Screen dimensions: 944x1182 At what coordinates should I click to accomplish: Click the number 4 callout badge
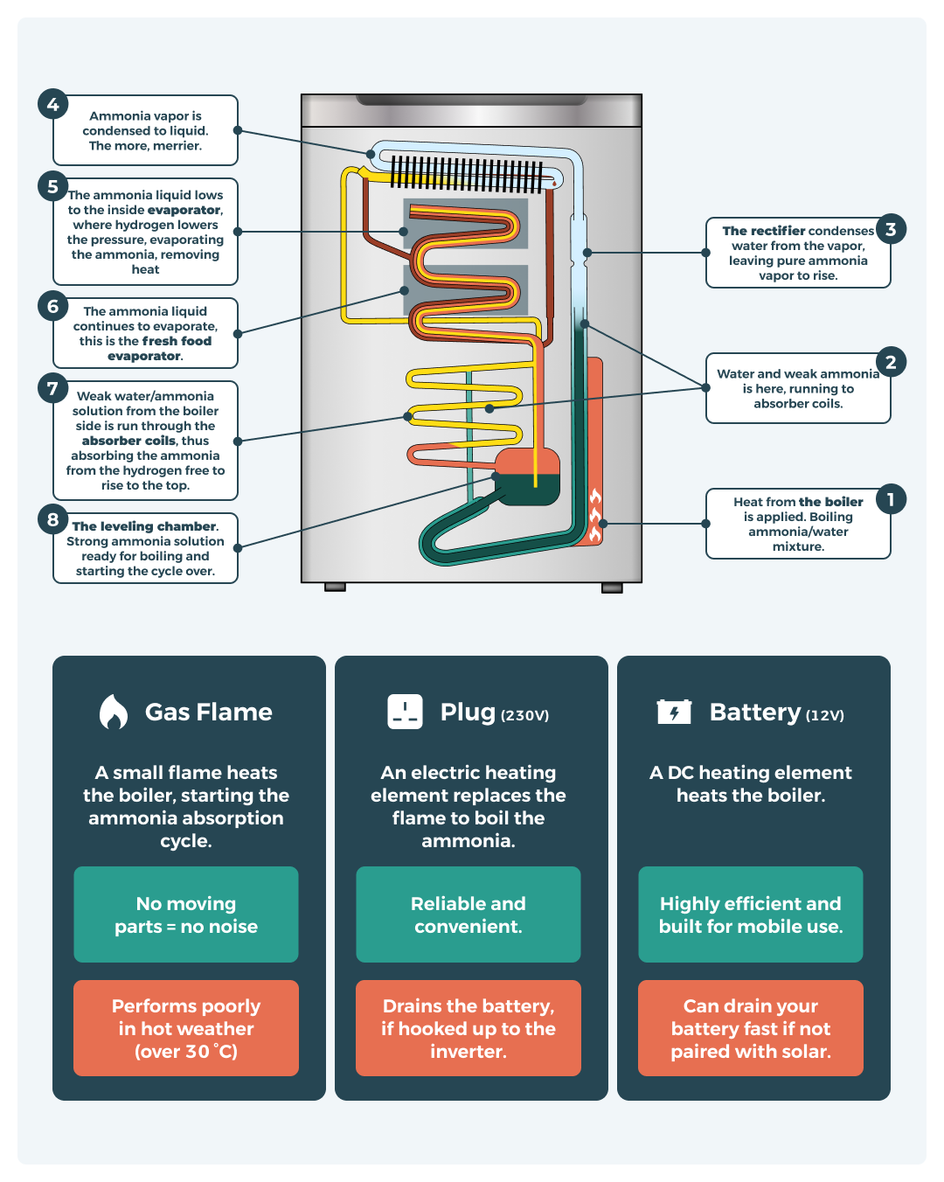click(52, 104)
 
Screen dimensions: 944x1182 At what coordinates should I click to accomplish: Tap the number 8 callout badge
click(52, 519)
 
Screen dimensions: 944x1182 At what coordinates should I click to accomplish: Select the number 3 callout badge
click(891, 229)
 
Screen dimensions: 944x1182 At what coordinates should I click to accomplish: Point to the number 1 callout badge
click(891, 499)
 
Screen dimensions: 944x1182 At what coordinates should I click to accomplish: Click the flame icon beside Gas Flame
click(113, 712)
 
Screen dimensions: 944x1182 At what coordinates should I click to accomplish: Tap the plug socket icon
click(405, 712)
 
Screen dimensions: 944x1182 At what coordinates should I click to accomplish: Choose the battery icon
click(674, 712)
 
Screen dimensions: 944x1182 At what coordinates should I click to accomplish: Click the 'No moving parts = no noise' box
click(186, 914)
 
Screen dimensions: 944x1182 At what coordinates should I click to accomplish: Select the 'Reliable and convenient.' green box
click(469, 914)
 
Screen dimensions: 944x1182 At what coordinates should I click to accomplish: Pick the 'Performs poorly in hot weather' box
click(186, 1028)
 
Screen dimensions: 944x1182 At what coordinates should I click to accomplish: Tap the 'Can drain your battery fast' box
click(751, 1028)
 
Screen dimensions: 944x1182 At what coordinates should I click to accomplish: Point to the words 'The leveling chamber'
click(144, 526)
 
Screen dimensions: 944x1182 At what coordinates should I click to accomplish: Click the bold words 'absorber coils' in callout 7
click(128, 441)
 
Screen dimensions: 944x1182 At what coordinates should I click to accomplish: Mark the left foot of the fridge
click(335, 588)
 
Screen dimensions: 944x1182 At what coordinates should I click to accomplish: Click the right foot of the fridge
click(612, 588)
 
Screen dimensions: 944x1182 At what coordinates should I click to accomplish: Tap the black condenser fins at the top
click(467, 174)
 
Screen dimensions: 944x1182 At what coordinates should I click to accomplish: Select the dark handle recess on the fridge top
click(472, 100)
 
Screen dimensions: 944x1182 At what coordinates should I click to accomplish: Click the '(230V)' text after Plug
click(524, 715)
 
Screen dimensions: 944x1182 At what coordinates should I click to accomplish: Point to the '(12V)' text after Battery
click(824, 715)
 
